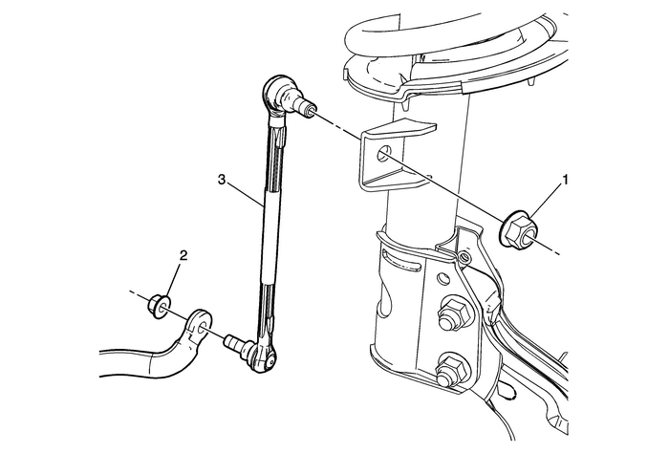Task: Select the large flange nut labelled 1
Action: coord(520,229)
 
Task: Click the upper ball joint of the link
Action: coord(275,96)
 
